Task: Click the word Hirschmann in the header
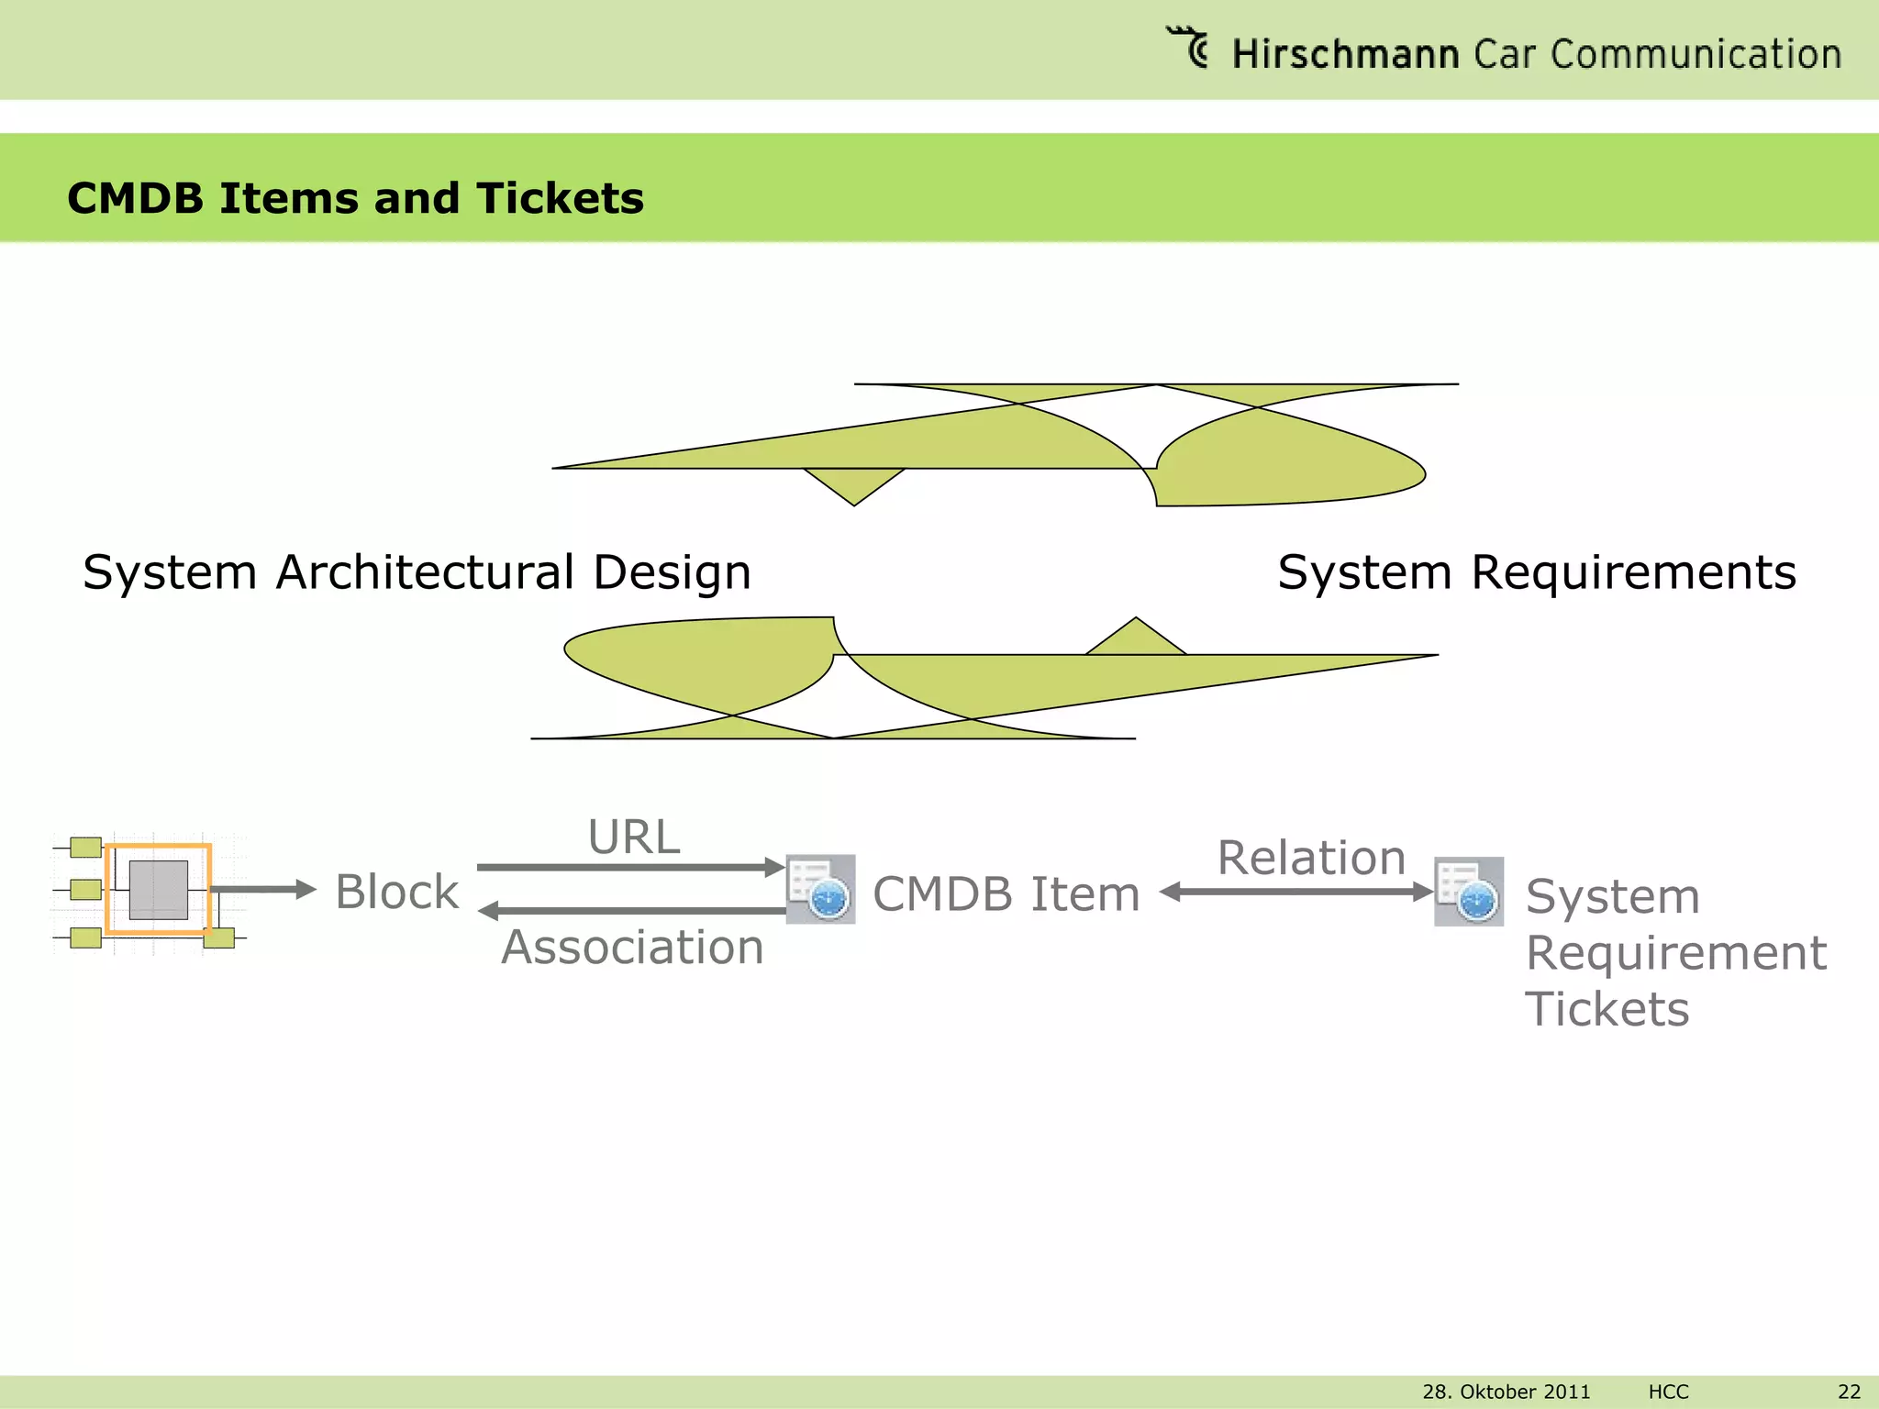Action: [1344, 54]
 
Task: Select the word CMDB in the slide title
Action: [135, 199]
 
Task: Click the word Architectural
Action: [425, 572]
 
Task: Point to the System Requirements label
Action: [1536, 572]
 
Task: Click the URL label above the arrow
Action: [633, 838]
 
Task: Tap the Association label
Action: [632, 948]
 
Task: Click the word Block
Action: [396, 893]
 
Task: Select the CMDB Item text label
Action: [1006, 894]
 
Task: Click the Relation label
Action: [1311, 859]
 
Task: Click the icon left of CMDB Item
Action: [820, 889]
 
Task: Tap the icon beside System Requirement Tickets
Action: [1468, 892]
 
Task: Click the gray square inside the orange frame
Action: [159, 889]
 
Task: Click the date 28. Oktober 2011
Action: [1506, 1392]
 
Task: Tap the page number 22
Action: [1849, 1392]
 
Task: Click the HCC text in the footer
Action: [1668, 1392]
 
